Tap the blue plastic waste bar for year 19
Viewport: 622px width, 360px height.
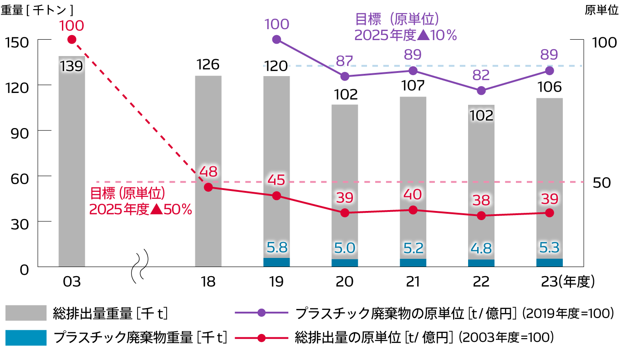(x=276, y=262)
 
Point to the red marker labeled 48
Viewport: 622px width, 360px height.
(x=208, y=187)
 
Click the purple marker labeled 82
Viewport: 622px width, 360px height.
(x=481, y=91)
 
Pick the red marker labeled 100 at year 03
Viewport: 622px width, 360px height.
(x=71, y=40)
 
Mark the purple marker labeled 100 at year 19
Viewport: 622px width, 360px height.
(x=276, y=40)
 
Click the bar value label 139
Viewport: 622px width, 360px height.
(x=71, y=67)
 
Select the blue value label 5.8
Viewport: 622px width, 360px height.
(x=276, y=247)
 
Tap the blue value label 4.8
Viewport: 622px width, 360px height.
(x=481, y=249)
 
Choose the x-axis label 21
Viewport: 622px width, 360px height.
(x=413, y=281)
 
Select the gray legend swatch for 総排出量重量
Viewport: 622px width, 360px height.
(x=26, y=313)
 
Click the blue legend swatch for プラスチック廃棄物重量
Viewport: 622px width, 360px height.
(x=26, y=338)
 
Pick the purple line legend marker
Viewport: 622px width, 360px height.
(x=261, y=313)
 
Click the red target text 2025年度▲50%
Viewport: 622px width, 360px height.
(x=140, y=210)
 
